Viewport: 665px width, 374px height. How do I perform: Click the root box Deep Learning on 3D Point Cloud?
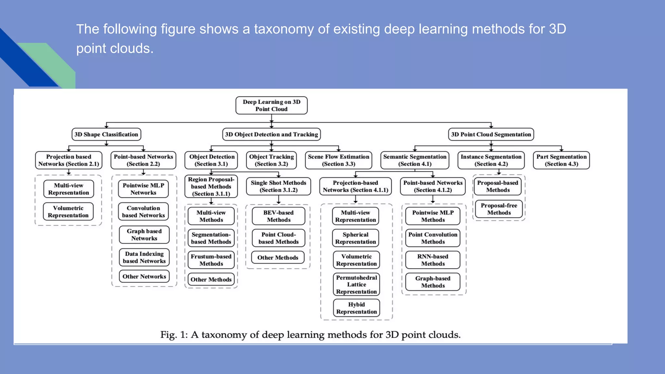tap(271, 106)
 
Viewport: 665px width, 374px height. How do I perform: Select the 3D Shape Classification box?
tap(106, 134)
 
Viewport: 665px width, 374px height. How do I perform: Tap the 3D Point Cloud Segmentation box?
tap(491, 134)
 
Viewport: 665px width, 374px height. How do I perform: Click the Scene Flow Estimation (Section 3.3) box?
tap(338, 160)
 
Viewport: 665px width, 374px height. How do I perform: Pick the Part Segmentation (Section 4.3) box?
tap(561, 160)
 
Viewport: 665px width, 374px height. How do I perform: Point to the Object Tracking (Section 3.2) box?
tap(271, 160)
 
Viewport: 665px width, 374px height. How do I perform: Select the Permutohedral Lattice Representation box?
tap(356, 284)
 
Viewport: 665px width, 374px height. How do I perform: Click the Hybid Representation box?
tap(356, 308)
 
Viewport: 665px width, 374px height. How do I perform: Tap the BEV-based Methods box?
tap(279, 216)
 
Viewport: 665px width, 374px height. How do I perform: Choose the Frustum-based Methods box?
tap(211, 260)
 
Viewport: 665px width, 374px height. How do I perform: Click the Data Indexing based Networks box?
tap(144, 257)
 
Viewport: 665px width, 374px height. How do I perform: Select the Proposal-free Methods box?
tap(499, 209)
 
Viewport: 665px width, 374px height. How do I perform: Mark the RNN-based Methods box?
tap(433, 260)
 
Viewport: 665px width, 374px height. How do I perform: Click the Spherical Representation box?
tap(356, 238)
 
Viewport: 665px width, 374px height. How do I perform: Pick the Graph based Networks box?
tap(144, 235)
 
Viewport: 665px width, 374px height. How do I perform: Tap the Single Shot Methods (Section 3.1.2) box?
tap(278, 186)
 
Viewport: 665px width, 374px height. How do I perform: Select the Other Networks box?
tap(144, 277)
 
